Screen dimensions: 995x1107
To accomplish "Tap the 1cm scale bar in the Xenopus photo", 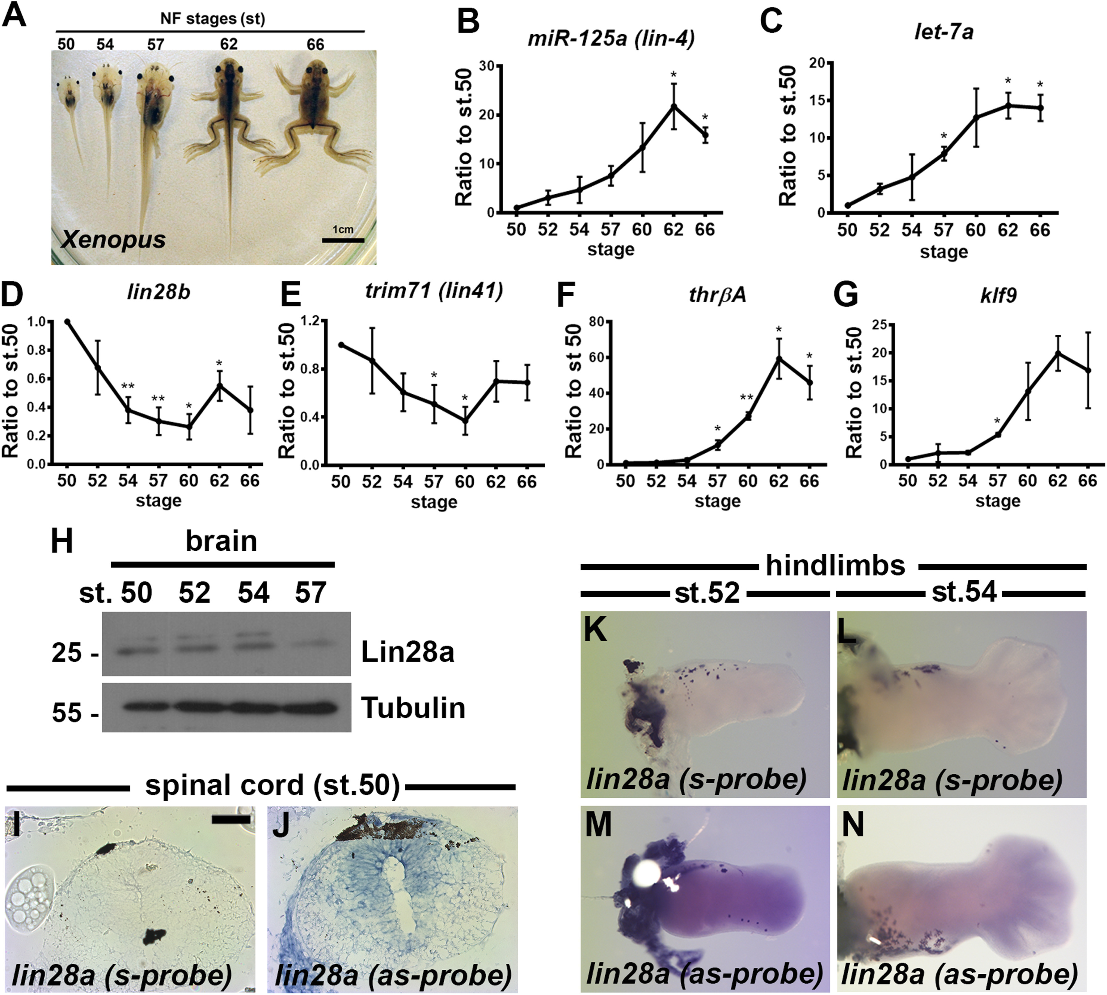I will [343, 239].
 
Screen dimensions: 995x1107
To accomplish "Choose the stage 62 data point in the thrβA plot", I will [779, 359].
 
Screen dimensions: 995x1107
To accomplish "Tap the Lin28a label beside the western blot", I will [407, 652].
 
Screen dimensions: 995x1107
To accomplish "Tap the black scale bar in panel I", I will [231, 819].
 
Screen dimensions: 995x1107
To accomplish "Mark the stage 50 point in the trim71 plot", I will [340, 345].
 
